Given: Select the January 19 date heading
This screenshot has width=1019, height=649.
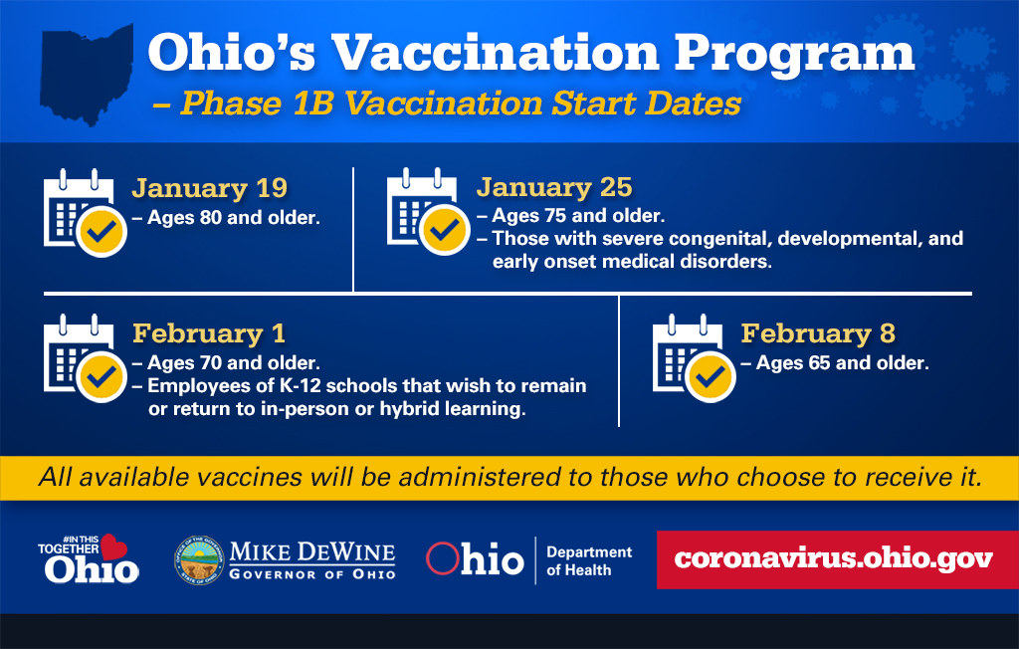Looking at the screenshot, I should point(210,188).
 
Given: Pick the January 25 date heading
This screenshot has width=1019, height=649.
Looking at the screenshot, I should point(554,187).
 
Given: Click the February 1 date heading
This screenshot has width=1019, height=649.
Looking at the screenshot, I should point(209,332).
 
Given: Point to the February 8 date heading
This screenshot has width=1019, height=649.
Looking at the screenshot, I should point(818,332).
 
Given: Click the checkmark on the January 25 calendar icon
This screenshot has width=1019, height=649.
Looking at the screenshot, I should point(445,232).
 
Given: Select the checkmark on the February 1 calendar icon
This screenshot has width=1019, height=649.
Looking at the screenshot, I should point(102,377).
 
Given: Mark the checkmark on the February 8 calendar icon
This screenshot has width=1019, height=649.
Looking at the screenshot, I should point(711,377).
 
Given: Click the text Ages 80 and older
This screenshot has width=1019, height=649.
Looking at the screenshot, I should point(233,217).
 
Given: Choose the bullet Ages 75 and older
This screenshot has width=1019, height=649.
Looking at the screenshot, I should point(577,216).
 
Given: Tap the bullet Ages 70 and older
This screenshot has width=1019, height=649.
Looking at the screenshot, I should point(233,363).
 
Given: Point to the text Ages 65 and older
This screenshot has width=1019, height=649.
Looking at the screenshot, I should point(842,363).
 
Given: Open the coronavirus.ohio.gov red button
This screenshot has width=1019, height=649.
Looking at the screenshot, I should point(834,558).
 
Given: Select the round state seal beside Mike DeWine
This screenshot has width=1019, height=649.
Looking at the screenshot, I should point(197,560).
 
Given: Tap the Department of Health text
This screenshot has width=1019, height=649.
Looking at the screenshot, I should point(589,560).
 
